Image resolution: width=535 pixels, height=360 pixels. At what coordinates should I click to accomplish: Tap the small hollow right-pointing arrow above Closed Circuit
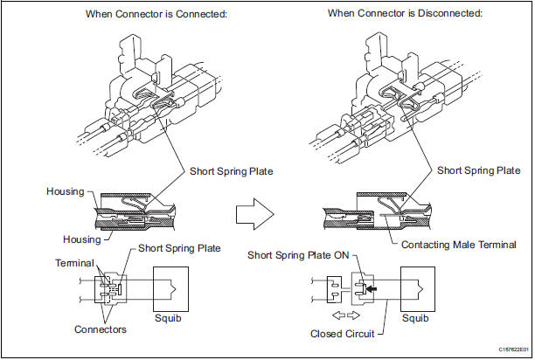(x=355, y=315)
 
